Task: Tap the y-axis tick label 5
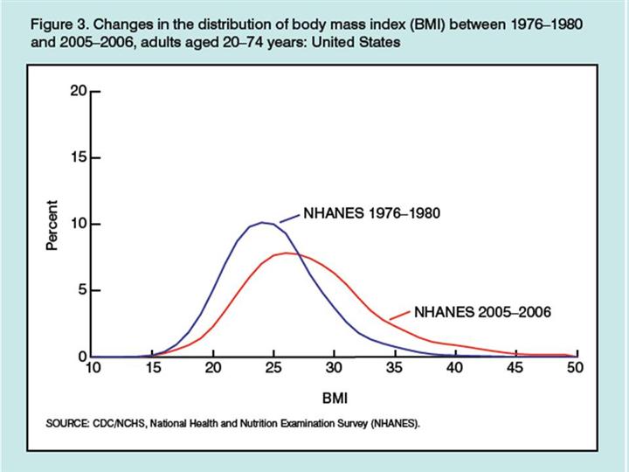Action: click(x=81, y=290)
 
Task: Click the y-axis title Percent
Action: click(x=52, y=226)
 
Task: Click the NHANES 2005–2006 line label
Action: click(x=482, y=312)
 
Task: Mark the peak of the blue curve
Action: click(x=264, y=222)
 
